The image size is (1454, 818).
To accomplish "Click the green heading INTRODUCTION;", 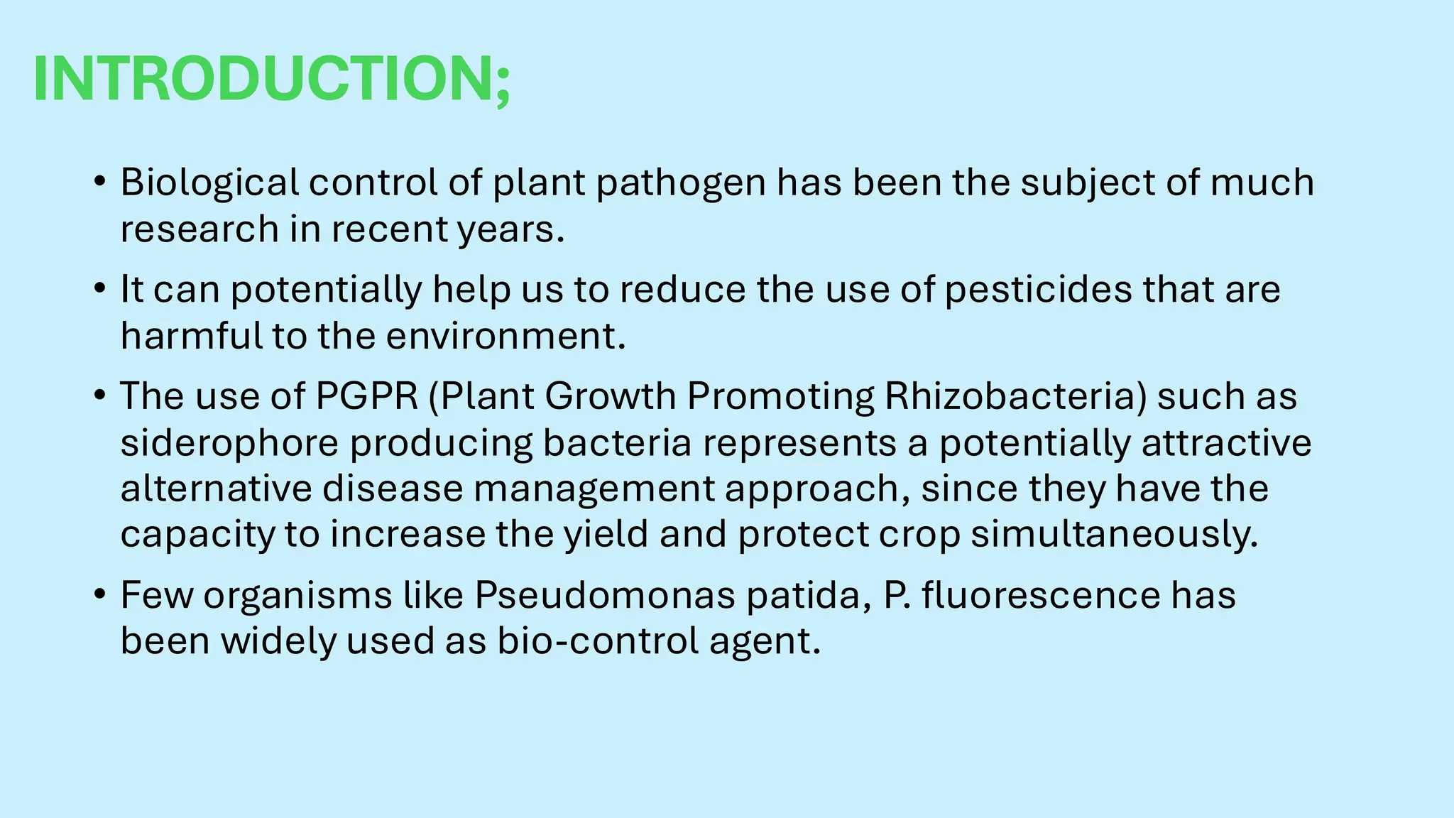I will click(271, 79).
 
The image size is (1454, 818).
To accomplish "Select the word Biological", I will click(209, 182).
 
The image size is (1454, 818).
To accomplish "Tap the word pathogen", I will click(681, 182).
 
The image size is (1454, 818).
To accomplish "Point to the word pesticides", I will click(1038, 290).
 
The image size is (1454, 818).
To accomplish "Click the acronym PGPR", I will click(366, 396).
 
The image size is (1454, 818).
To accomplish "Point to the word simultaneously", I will click(1114, 534).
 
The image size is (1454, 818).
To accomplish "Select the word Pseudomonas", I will click(605, 595).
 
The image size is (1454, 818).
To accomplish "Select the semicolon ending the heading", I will click(503, 89).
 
